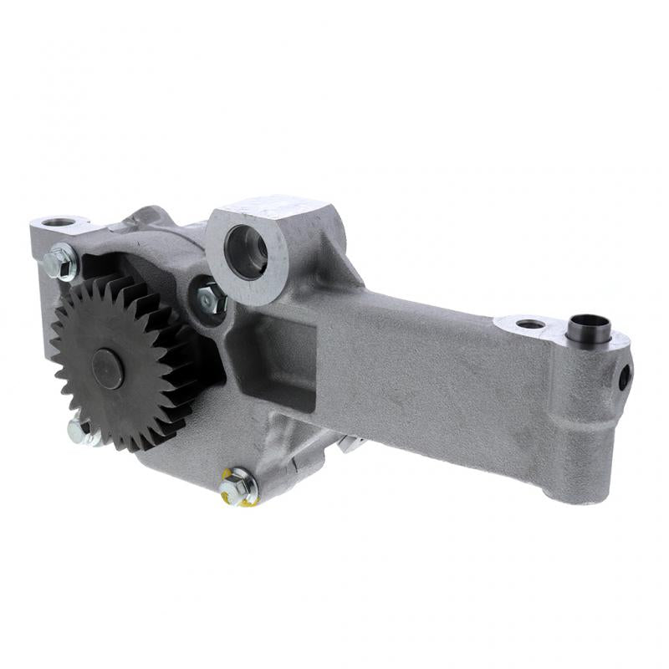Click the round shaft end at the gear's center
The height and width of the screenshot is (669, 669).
tap(108, 369)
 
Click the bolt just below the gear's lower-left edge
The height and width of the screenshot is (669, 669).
tap(79, 431)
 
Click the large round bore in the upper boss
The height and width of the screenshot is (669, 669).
tap(248, 251)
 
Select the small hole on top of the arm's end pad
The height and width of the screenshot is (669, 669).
tap(529, 324)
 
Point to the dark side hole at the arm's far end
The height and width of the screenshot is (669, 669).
tap(624, 376)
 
